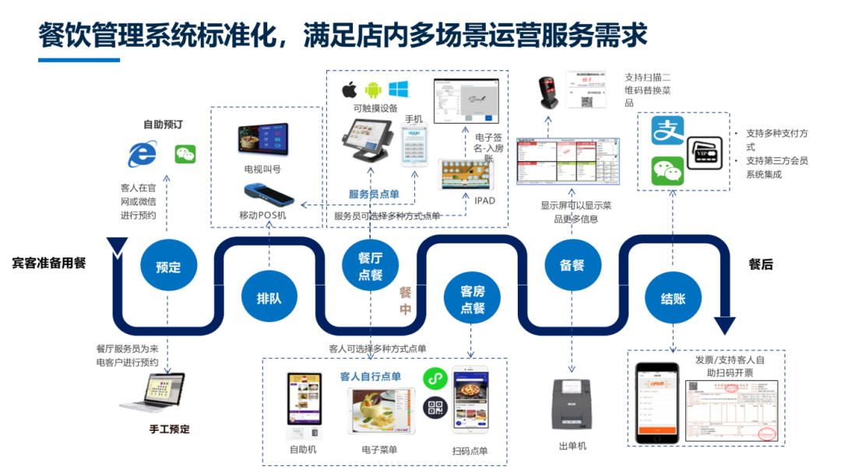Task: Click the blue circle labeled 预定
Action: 168,267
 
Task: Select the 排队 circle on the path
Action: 269,298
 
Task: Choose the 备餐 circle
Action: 572,265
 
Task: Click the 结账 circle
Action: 673,298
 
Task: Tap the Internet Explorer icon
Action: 142,153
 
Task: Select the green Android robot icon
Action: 373,89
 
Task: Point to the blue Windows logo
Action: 399,89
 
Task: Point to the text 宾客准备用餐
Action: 48,263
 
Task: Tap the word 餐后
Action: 760,264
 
